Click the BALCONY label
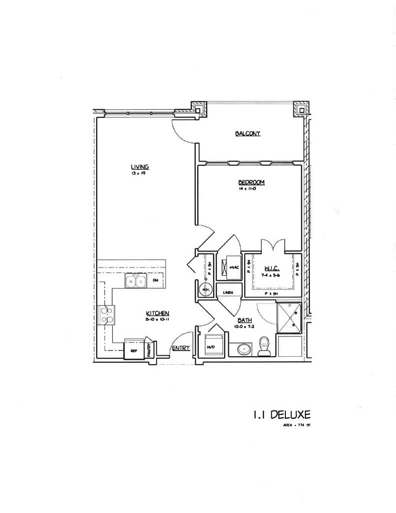[x=248, y=133]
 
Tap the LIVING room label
[x=141, y=167]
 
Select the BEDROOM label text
[x=251, y=182]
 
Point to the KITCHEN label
[x=157, y=313]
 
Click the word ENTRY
[x=180, y=348]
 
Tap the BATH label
[x=245, y=321]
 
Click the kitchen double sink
[x=135, y=281]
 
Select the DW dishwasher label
[x=156, y=281]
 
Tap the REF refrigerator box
[x=134, y=351]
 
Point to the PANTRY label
[x=150, y=349]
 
